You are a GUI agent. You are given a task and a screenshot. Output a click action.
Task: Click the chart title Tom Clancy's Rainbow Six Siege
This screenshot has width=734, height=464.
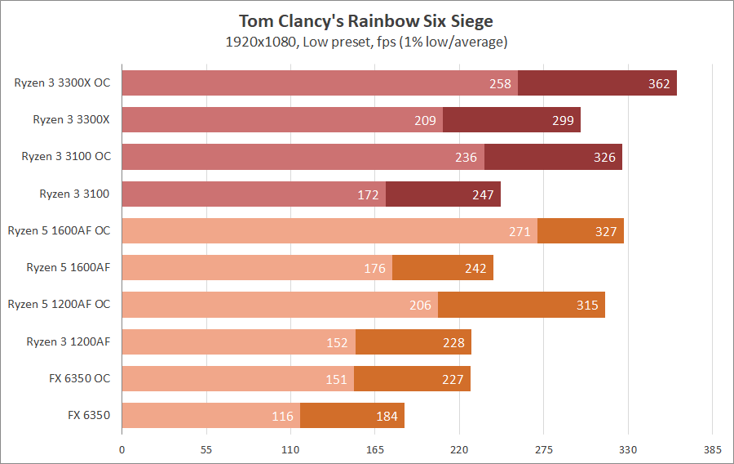pos(366,20)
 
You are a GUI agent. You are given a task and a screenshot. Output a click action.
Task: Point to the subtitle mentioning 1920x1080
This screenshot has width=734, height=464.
pos(366,42)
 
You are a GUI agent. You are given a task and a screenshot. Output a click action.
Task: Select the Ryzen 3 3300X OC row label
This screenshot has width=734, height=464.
pos(62,83)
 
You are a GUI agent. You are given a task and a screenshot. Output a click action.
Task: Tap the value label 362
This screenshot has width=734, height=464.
pos(659,83)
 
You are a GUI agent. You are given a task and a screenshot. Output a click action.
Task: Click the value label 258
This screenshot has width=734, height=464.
pos(500,83)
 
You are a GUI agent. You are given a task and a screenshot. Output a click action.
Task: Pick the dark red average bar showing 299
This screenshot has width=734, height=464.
pos(511,120)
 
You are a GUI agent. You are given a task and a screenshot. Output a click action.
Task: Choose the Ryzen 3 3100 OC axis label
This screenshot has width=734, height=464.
pos(65,157)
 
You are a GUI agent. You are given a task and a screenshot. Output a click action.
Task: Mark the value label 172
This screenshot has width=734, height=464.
pos(368,194)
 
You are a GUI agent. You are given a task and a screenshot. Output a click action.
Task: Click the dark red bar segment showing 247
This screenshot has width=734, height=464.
pos(443,194)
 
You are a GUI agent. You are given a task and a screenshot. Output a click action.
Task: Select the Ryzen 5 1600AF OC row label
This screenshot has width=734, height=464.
pos(59,231)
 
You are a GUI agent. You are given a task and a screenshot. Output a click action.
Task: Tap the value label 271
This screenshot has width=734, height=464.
pos(520,231)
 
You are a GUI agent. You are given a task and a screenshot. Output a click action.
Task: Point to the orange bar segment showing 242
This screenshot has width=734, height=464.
pos(443,268)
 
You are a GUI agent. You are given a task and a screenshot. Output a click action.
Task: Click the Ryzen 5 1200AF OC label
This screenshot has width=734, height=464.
pos(59,305)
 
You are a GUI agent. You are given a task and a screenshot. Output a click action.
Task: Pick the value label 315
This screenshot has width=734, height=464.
pos(587,306)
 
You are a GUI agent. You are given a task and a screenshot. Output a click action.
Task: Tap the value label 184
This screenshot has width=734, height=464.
pos(387,416)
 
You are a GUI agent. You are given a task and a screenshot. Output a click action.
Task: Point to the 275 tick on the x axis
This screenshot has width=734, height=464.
pos(544,449)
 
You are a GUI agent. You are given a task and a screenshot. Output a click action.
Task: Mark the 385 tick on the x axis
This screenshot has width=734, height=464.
pos(712,449)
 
